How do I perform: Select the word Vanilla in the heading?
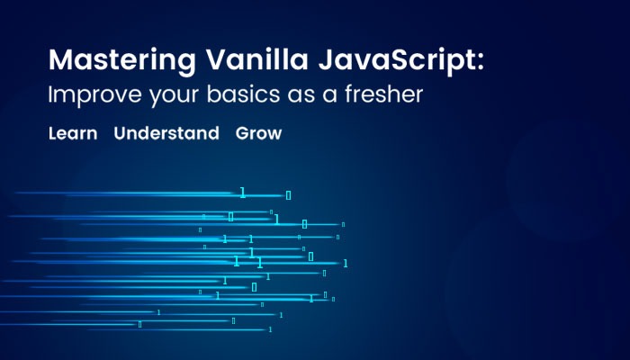coord(257,59)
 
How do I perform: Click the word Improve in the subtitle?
coord(94,95)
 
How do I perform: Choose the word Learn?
coord(73,133)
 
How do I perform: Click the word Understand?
coord(166,133)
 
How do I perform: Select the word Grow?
coord(259,133)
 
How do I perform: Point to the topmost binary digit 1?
coord(242,193)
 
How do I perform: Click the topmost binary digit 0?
coord(288,195)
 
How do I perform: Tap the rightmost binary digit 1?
coord(345,264)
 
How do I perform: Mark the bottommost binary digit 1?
coord(270,329)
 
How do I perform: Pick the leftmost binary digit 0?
coord(139,324)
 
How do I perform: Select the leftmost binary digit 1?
coord(158,312)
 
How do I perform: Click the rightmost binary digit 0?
coord(343,225)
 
